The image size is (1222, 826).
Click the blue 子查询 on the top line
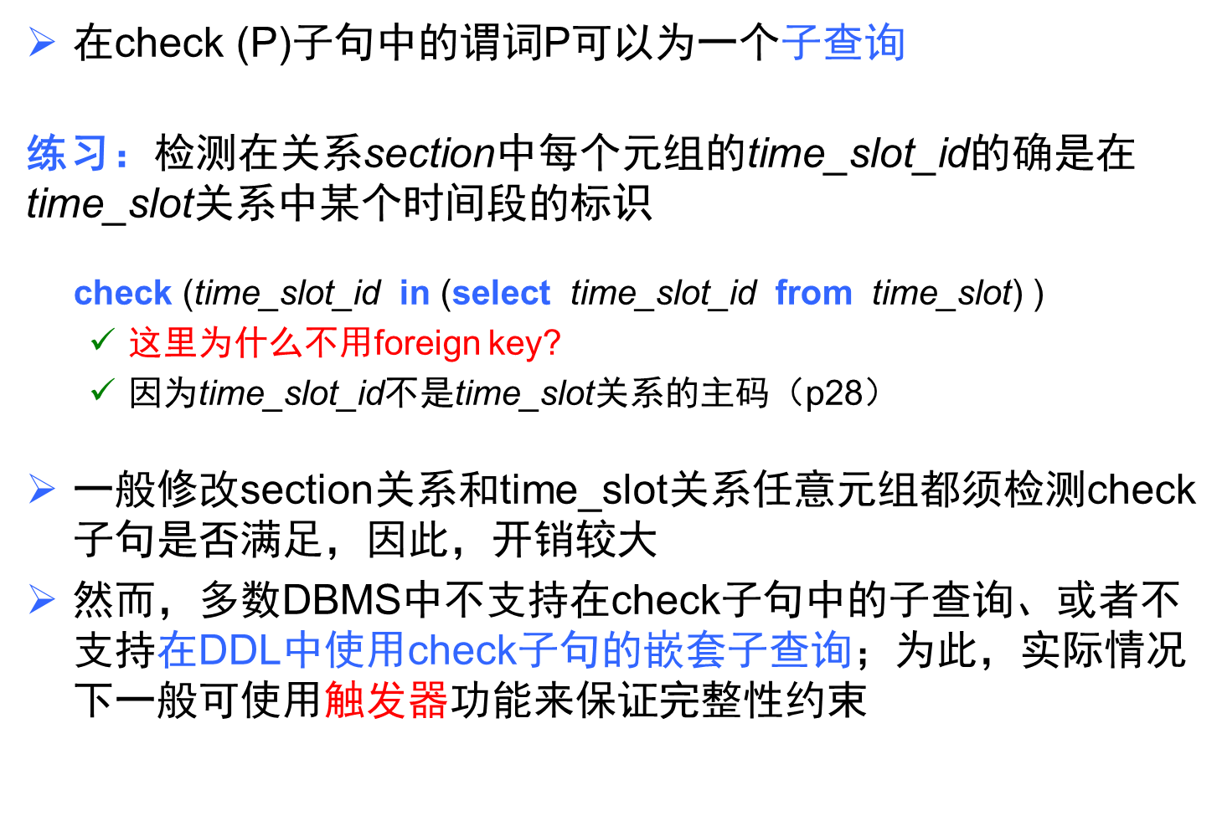point(843,43)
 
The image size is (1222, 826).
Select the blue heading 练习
point(67,153)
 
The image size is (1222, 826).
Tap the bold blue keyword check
point(122,293)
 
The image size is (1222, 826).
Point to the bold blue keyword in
point(414,293)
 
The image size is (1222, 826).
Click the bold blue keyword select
point(501,293)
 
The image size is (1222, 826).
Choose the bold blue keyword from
point(813,293)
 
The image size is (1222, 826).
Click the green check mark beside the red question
point(102,340)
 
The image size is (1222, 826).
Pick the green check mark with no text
point(102,389)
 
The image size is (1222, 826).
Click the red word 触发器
point(386,700)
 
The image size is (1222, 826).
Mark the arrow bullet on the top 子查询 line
point(42,42)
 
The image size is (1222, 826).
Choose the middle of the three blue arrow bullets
point(42,489)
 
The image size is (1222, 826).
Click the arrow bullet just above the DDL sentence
point(42,599)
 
